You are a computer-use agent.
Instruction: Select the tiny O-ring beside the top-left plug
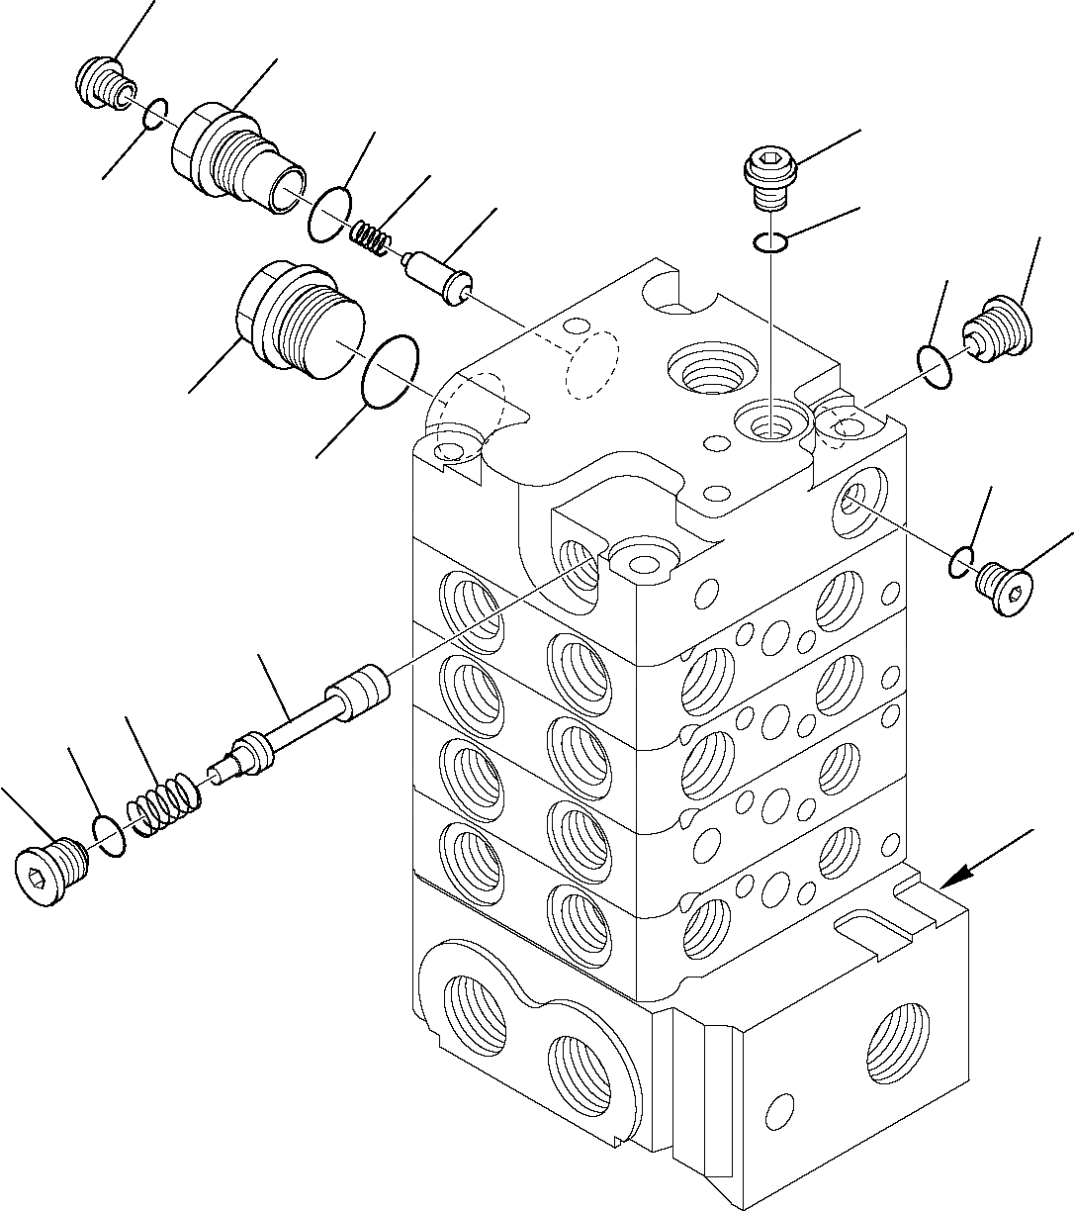[x=154, y=113]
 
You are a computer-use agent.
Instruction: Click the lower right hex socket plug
[x=1003, y=590]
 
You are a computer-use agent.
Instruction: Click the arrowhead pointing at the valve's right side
[x=951, y=880]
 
